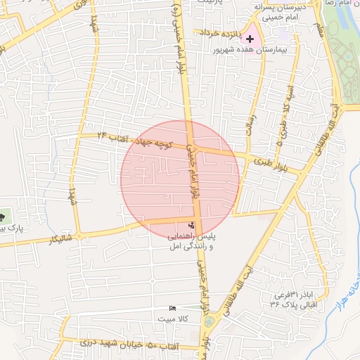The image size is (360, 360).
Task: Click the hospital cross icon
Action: click(x=251, y=38)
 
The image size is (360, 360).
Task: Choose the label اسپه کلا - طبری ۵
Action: click(x=286, y=115)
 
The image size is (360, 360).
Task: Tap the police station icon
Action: click(x=192, y=216)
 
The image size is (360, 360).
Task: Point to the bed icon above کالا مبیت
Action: click(x=173, y=308)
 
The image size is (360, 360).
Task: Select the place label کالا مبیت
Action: click(x=173, y=320)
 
